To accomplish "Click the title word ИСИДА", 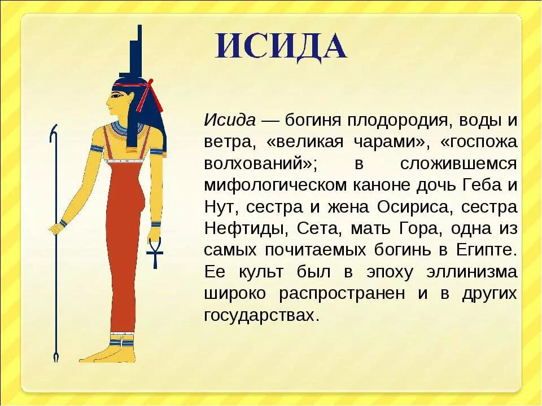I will point(281,47).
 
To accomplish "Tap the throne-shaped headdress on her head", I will point(134,54).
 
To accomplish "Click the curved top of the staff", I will point(54,133).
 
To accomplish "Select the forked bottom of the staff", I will point(55,356).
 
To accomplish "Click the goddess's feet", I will point(110,354).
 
